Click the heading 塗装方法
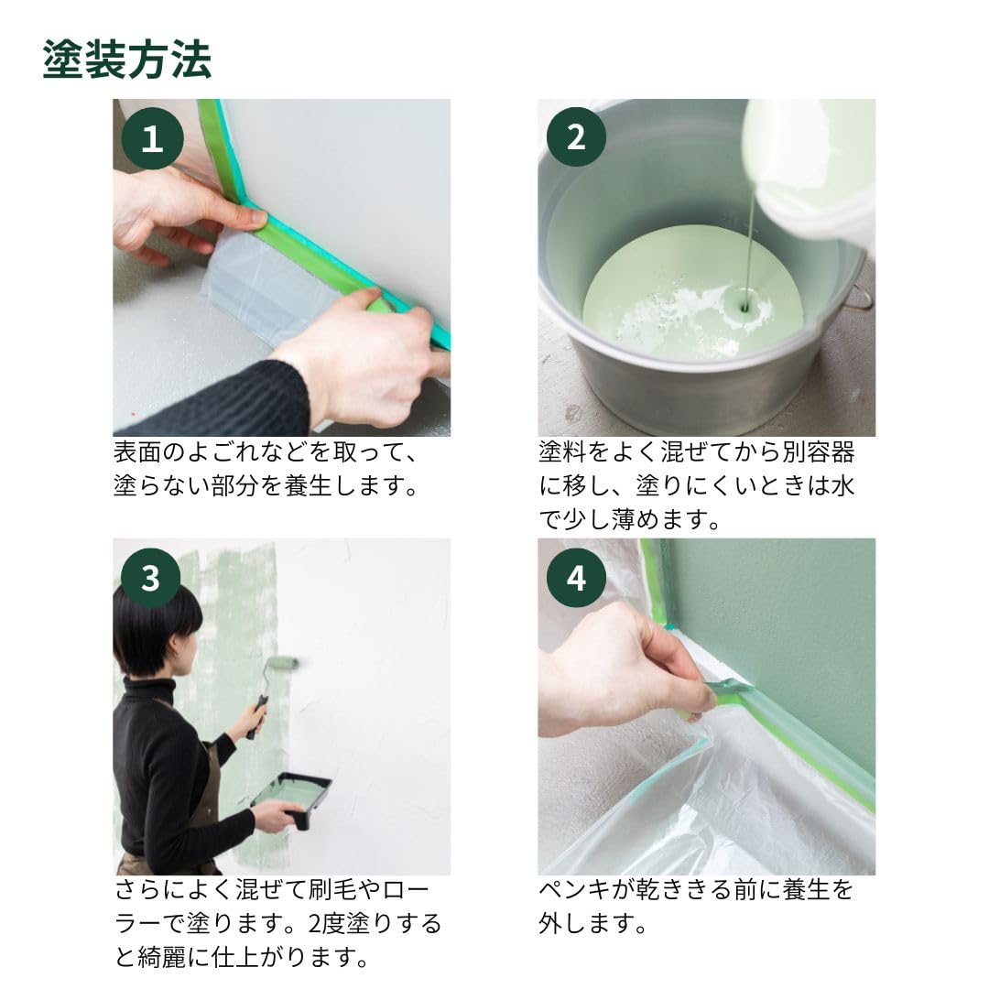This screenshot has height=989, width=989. click(126, 60)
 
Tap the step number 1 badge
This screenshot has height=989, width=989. click(152, 139)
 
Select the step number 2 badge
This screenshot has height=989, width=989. click(576, 137)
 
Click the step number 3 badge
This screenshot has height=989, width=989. click(151, 578)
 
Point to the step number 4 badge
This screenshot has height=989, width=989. click(576, 578)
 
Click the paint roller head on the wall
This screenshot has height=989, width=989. click(283, 662)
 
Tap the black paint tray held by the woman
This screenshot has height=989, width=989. click(291, 797)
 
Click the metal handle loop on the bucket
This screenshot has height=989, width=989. click(859, 298)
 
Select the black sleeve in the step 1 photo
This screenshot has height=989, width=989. click(220, 403)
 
